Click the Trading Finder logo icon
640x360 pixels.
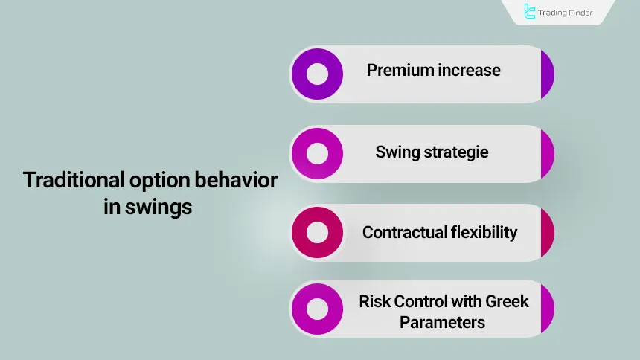point(530,12)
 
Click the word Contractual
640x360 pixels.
point(405,232)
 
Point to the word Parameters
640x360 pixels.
point(442,322)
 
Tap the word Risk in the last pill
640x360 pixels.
point(374,301)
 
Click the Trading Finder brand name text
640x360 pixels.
point(568,12)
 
